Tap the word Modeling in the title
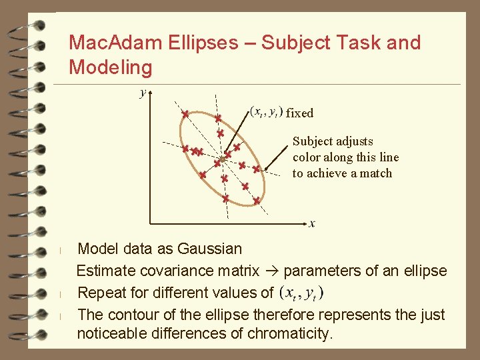coord(111,67)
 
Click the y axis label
coord(143,93)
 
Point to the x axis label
coord(312,223)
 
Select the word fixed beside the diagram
coord(299,113)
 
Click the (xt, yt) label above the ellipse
coord(266,111)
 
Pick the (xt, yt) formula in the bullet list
coord(302,293)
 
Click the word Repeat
coord(102,293)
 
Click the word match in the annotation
coord(375,173)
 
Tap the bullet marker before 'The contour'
coord(60,315)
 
